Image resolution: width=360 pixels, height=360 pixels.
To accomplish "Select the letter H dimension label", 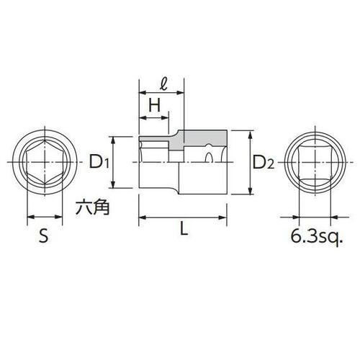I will click(x=153, y=105).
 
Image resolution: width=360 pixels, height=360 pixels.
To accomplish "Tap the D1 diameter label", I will click(x=99, y=163).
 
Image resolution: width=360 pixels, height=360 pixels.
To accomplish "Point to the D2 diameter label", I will click(x=264, y=163).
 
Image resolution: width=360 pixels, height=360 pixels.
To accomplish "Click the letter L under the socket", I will click(x=184, y=230).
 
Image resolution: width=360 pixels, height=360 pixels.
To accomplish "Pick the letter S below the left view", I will click(x=43, y=236).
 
